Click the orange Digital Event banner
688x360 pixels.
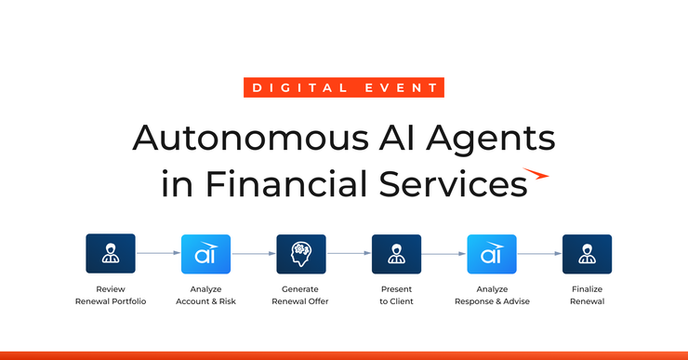coord(344,88)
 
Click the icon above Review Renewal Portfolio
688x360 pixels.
coord(111,254)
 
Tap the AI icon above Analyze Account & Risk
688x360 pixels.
coord(205,254)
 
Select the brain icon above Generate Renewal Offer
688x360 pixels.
coord(301,254)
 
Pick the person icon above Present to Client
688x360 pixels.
coord(396,254)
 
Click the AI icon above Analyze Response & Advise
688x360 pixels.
coord(491,254)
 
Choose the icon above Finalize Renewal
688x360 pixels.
coord(587,254)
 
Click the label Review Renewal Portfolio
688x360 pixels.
coord(111,295)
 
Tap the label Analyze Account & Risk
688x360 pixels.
coord(205,295)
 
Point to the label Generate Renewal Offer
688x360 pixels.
coord(301,295)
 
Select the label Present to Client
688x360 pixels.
coord(396,295)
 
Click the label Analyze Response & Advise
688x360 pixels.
coord(491,295)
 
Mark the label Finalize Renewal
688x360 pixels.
coord(587,295)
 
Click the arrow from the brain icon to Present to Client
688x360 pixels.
coord(349,253)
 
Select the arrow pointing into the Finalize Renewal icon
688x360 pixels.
coord(539,253)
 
